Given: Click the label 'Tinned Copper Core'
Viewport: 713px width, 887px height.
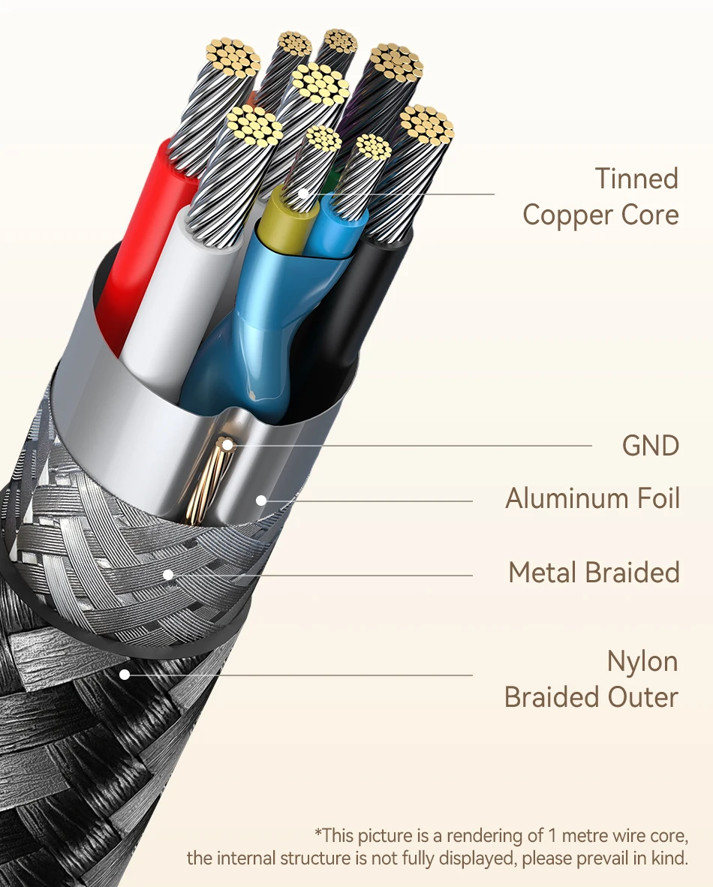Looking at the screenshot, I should (600, 197).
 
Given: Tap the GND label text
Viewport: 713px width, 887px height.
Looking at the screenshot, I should (650, 446).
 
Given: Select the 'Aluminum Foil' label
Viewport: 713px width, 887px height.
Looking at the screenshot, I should (592, 498).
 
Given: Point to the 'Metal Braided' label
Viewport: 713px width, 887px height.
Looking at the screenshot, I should (594, 573).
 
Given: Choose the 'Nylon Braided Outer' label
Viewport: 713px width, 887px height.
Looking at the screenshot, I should (591, 679).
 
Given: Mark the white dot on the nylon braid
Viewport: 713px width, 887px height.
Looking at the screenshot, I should (125, 675).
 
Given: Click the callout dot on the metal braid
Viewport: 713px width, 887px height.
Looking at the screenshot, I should (168, 576).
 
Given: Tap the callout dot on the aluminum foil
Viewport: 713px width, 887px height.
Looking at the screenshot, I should (260, 499).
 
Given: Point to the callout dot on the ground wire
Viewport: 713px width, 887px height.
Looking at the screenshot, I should (226, 447).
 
